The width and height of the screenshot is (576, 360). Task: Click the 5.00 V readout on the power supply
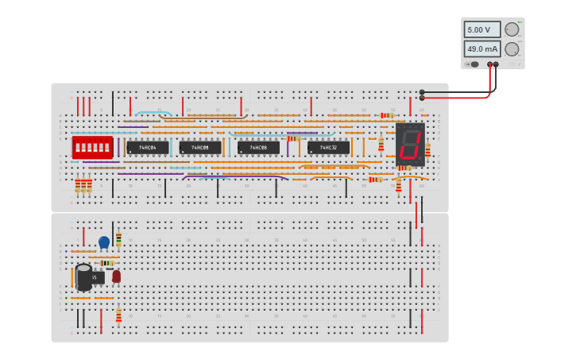point(481,29)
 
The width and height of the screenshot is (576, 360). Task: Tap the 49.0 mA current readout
point(481,48)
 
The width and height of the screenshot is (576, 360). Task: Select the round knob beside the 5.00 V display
point(512,29)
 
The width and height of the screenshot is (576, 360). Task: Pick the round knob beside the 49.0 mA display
point(512,48)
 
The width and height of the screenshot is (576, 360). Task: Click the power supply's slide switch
point(474,64)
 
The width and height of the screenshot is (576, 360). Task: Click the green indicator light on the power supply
point(520,22)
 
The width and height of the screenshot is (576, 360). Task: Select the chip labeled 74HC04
point(148,147)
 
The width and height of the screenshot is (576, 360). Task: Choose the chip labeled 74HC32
point(328,147)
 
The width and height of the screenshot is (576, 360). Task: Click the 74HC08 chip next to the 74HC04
point(200,147)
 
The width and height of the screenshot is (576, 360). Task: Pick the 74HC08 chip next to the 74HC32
point(258,147)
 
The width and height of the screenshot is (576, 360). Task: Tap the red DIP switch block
point(92,147)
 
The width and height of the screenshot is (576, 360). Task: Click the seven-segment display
point(410,144)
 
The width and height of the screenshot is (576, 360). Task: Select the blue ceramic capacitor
point(104,242)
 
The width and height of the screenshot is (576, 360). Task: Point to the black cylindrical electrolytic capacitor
point(83,277)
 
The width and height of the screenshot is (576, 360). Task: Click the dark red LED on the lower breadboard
point(116,276)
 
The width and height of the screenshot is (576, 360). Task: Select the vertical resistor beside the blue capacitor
point(118,238)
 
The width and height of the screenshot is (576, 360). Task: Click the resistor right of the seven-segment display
point(427,149)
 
